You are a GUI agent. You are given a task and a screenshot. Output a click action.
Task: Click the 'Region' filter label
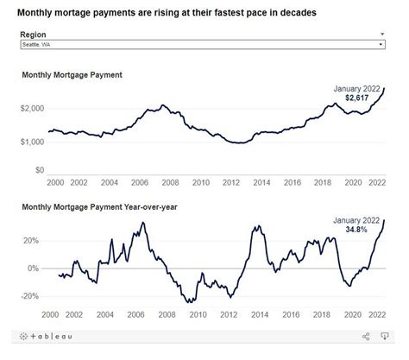pyautogui.click(x=35, y=35)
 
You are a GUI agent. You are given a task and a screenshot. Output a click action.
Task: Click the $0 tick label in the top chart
pyautogui.click(x=38, y=171)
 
